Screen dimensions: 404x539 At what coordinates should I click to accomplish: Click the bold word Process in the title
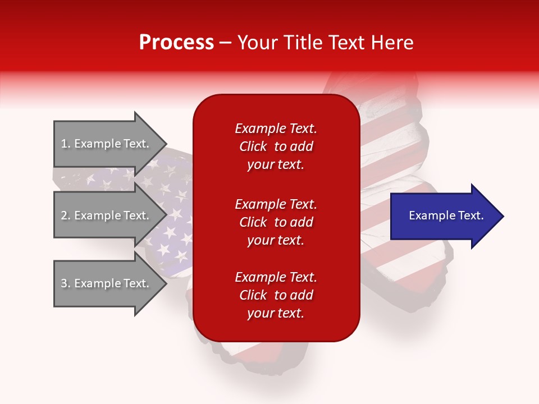pos(176,43)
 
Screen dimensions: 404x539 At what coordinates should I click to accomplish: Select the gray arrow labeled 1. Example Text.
pos(107,144)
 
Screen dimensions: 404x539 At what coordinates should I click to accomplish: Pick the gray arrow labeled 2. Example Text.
pos(107,215)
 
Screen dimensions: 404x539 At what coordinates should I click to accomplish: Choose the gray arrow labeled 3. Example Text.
pos(107,283)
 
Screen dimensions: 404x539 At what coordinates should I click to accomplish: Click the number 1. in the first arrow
pos(66,144)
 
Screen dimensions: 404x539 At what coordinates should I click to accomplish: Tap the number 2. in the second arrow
pos(66,215)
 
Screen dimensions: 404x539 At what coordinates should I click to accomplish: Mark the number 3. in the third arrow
pos(66,283)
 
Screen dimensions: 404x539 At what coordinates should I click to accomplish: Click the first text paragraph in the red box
pos(276,146)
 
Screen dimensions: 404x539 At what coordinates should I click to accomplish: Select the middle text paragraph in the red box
pos(276,222)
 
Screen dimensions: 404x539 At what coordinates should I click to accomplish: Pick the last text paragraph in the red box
pos(276,295)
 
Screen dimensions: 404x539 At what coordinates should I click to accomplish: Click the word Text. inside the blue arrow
pos(469,215)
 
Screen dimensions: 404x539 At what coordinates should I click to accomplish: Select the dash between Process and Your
pos(225,43)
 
